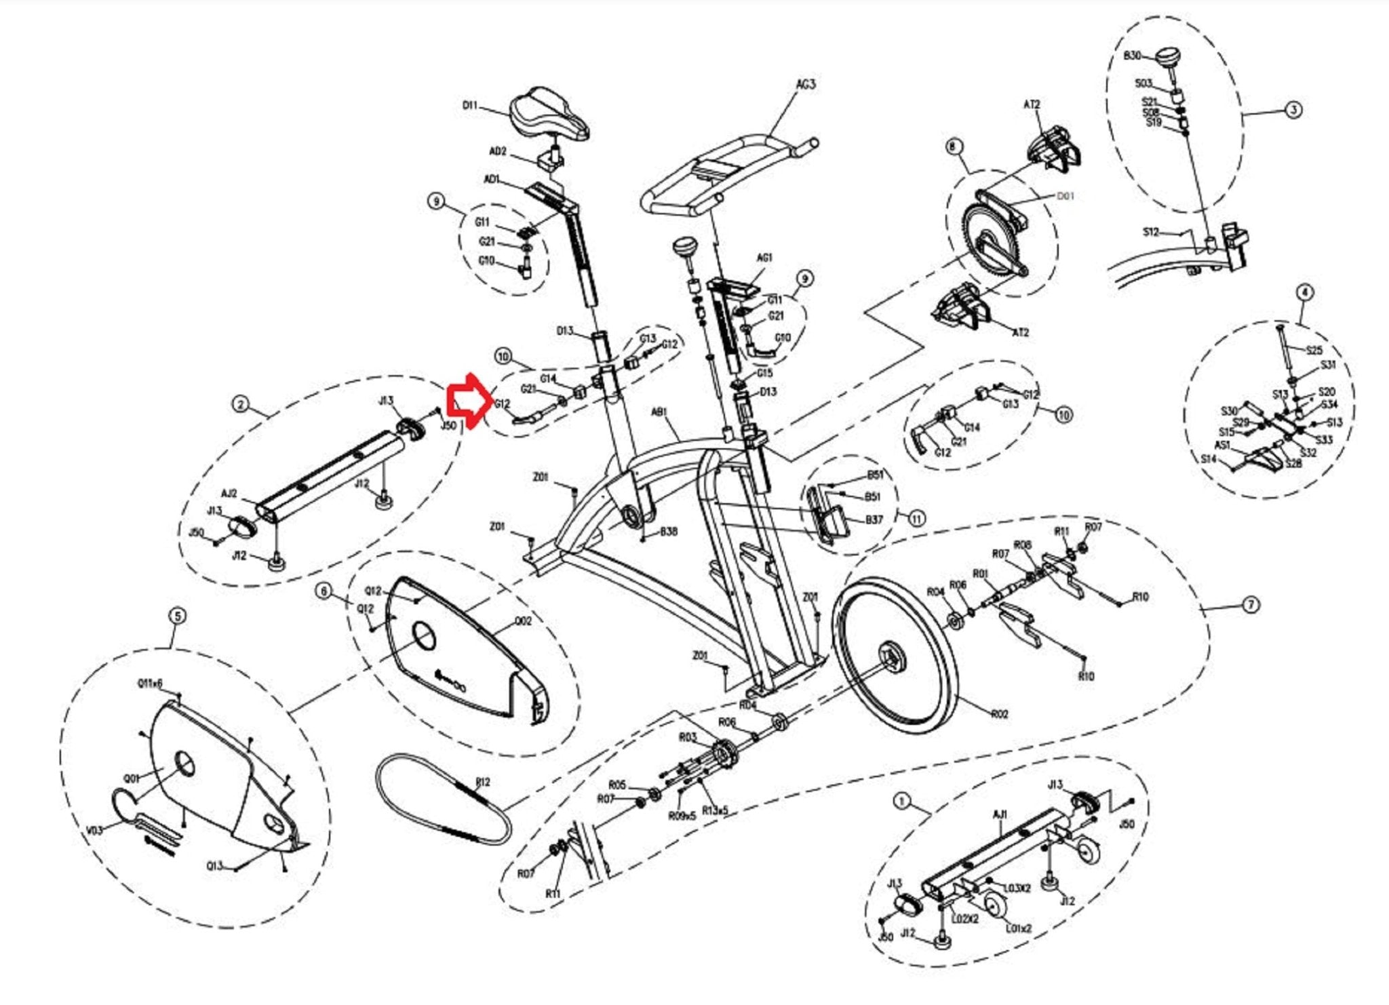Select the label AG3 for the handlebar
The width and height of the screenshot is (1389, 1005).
pyautogui.click(x=805, y=85)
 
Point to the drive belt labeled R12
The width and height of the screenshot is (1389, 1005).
pyautogui.click(x=444, y=800)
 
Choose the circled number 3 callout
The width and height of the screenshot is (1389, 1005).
pyautogui.click(x=1293, y=110)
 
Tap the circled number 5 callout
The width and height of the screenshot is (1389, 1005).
pyautogui.click(x=177, y=616)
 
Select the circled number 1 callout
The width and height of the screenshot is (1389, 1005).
pyautogui.click(x=901, y=802)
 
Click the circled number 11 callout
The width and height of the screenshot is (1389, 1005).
pyautogui.click(x=916, y=519)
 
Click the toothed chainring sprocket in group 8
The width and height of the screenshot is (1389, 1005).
pyautogui.click(x=992, y=234)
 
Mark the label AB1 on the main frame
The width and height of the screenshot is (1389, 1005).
pyautogui.click(x=659, y=412)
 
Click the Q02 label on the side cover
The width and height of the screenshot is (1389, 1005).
pyautogui.click(x=524, y=620)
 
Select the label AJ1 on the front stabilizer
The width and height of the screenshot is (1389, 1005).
pyautogui.click(x=1000, y=814)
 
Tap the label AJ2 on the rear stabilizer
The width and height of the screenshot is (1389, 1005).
pyautogui.click(x=229, y=494)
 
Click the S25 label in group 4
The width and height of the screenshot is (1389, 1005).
pyautogui.click(x=1314, y=351)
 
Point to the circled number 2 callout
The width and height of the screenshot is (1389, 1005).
pyautogui.click(x=240, y=405)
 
